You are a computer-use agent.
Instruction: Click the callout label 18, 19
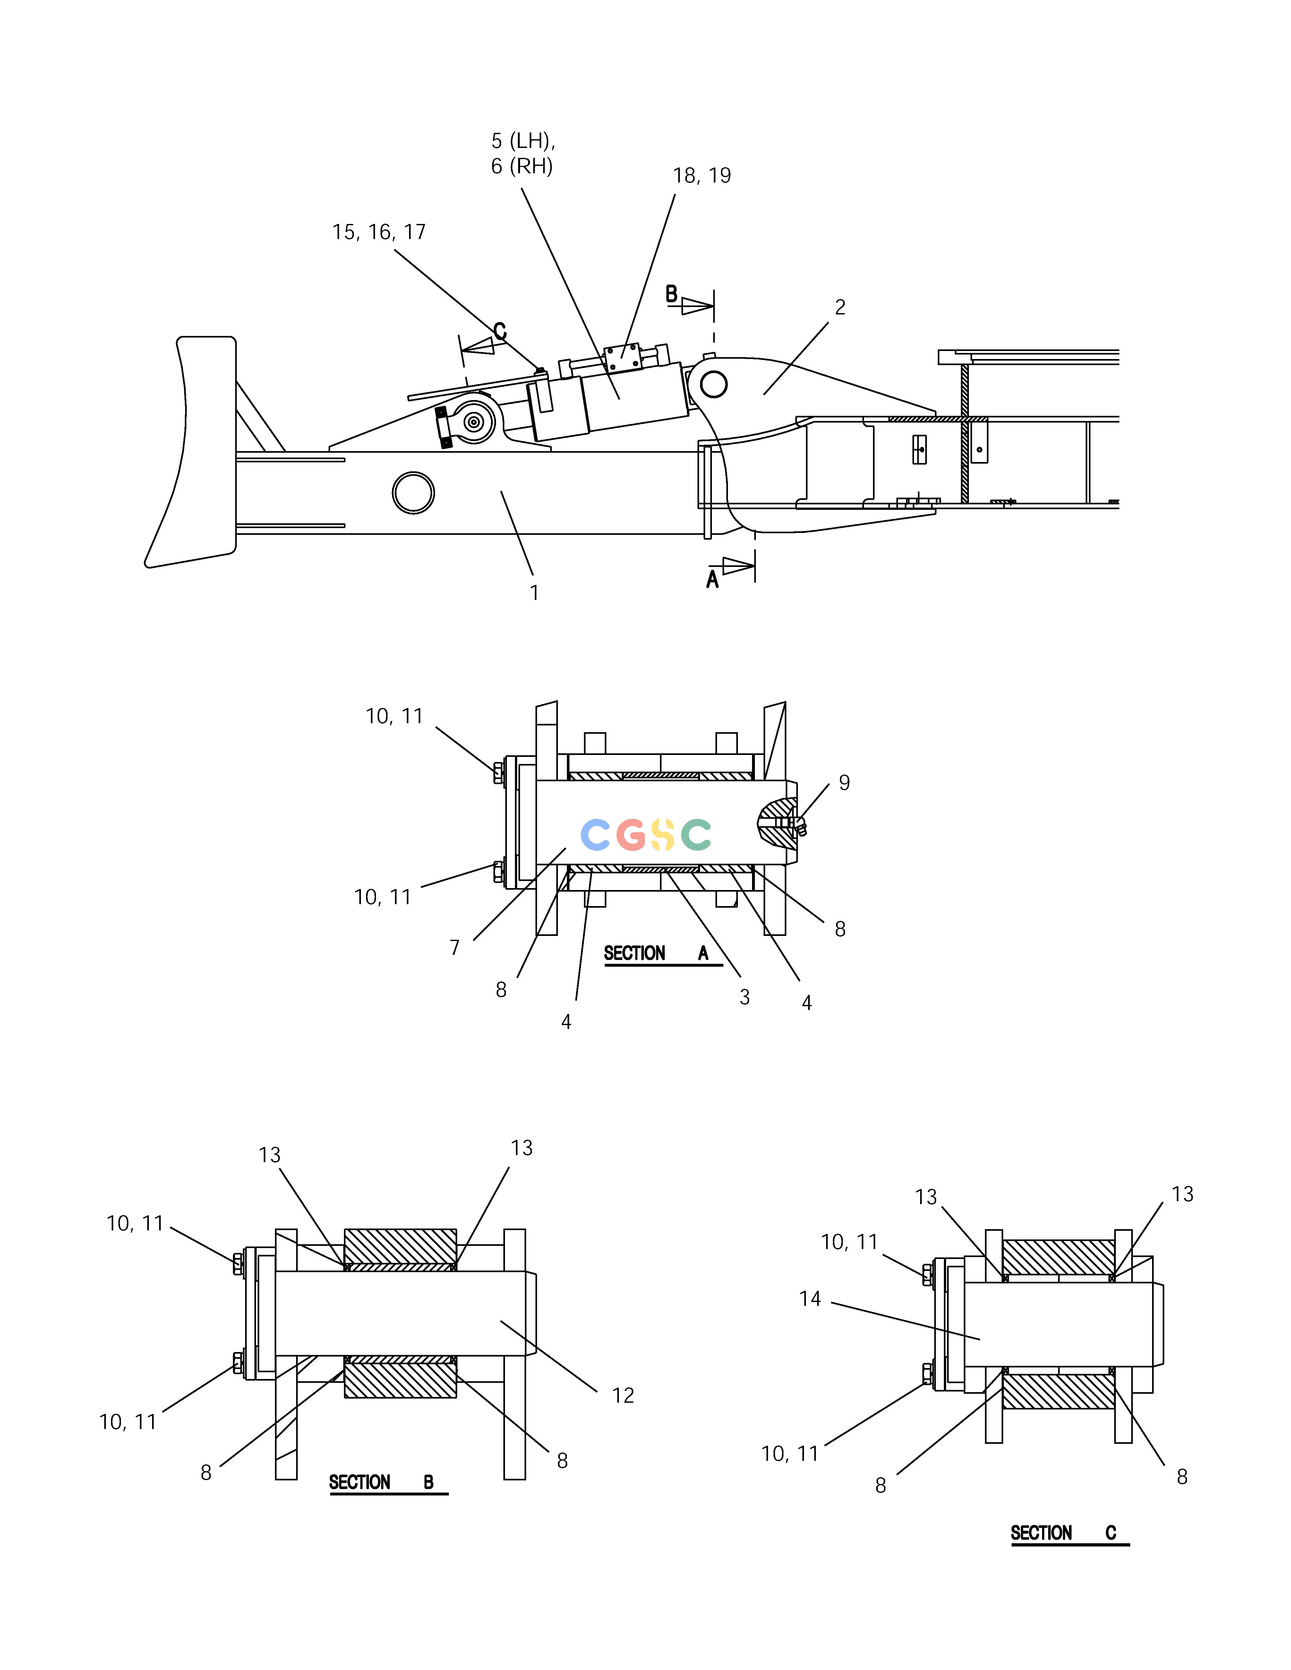(701, 176)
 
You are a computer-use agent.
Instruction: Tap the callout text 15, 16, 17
(379, 232)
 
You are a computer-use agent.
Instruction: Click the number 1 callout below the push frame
(534, 593)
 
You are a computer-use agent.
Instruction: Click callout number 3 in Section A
(744, 997)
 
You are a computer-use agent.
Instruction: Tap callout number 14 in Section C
(810, 1298)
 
